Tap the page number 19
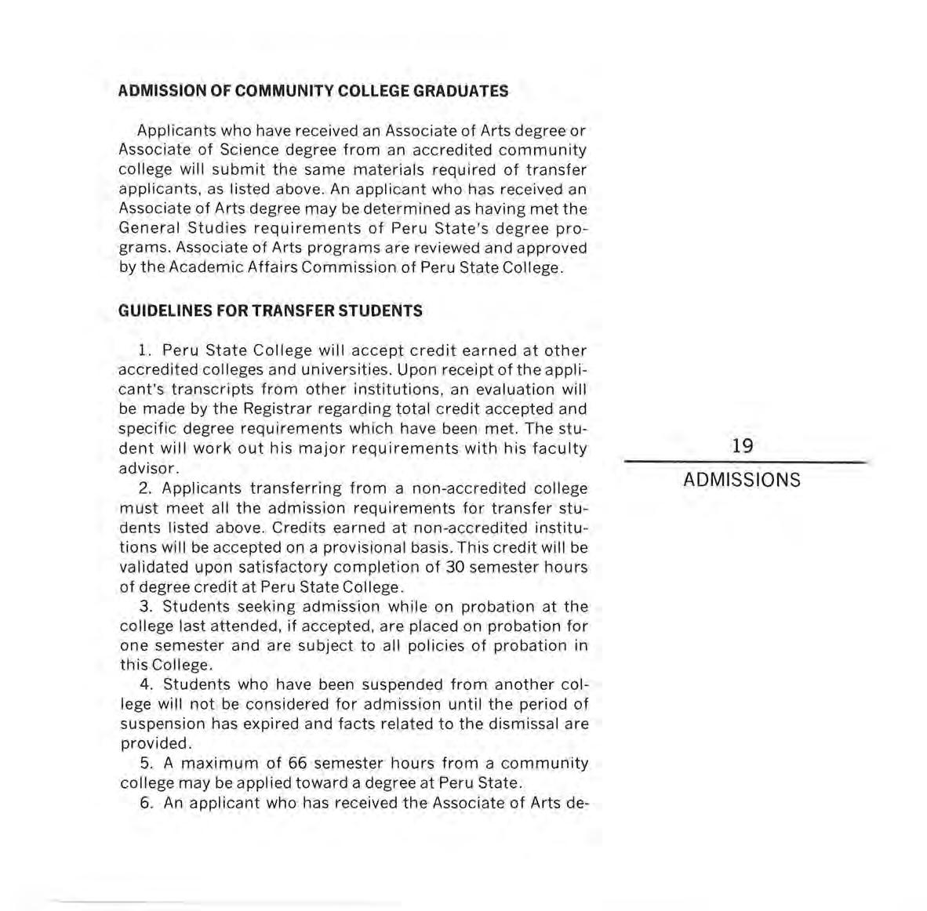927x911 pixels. click(x=742, y=446)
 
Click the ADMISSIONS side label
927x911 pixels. click(x=742, y=480)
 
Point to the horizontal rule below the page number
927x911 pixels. click(x=745, y=463)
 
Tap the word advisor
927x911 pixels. click(x=147, y=469)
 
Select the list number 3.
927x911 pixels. click(x=144, y=606)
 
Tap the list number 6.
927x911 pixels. click(x=144, y=803)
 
